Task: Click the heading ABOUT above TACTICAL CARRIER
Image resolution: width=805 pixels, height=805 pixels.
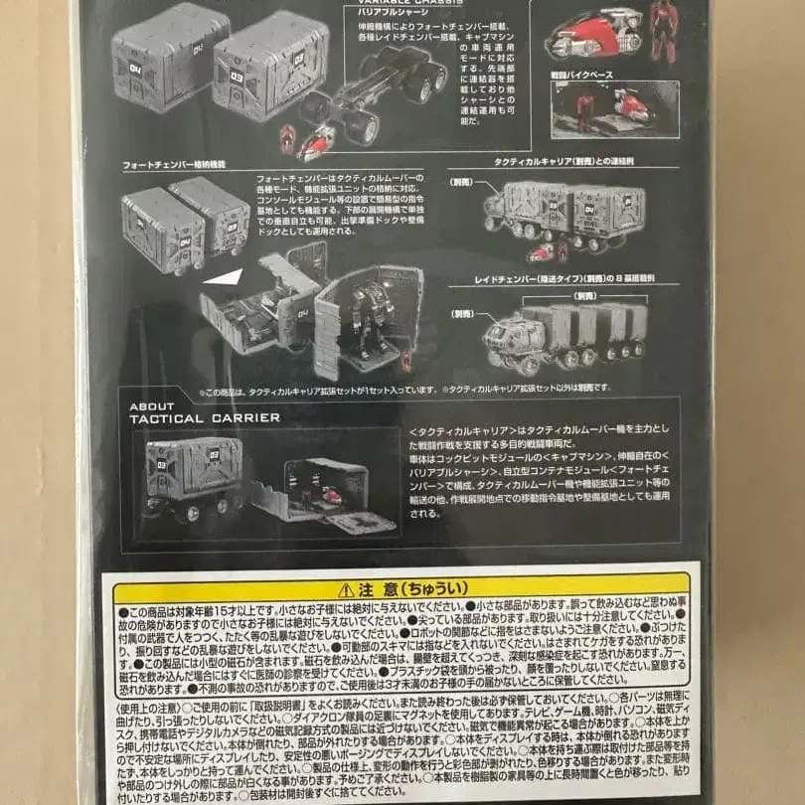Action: click(150, 405)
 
